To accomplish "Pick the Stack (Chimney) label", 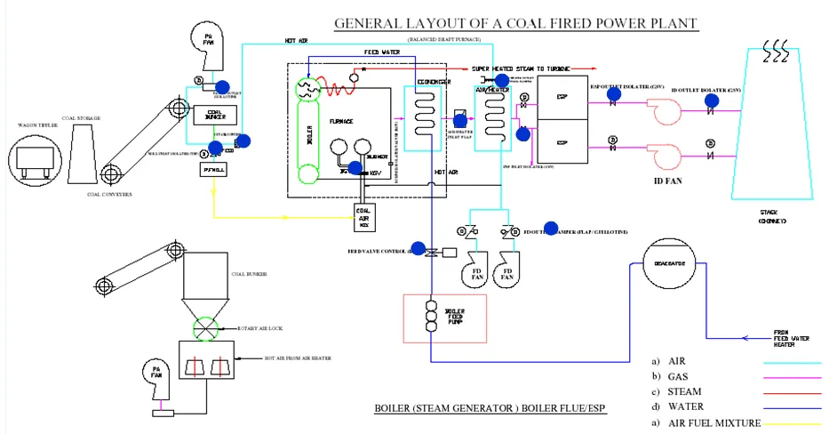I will click(x=772, y=216).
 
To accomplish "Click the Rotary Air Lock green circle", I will click(x=211, y=329).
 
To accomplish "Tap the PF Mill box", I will click(x=214, y=168).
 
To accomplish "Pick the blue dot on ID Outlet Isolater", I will click(x=711, y=100).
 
